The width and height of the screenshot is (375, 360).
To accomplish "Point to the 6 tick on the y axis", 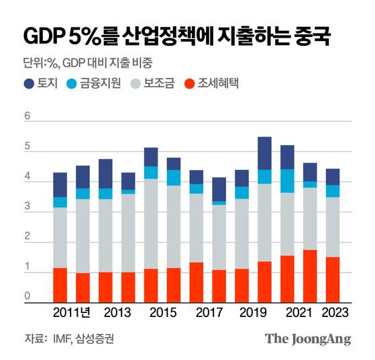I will point(28,116).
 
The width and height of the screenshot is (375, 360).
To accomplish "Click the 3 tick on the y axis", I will point(28,208).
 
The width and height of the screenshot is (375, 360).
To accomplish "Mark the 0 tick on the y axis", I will point(28,296).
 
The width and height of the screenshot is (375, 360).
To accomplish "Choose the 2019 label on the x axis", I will point(254,313).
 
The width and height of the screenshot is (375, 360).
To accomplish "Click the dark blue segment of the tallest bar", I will point(264,153).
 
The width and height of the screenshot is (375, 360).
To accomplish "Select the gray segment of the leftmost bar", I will point(60,238).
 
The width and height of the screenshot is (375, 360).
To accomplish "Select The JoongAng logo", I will point(307,339).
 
